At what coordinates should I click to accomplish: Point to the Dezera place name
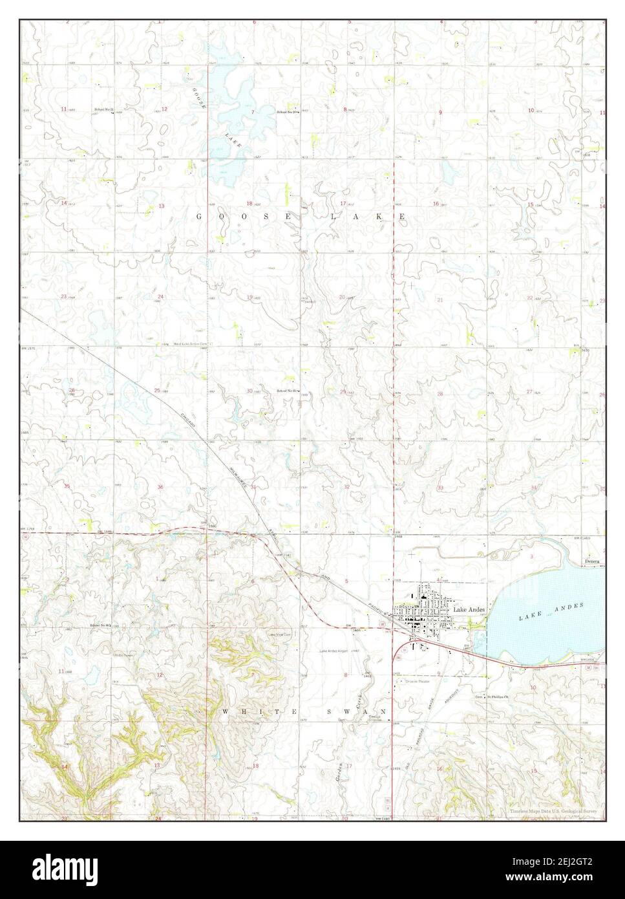click(x=592, y=561)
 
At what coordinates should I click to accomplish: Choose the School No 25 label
click(x=286, y=391)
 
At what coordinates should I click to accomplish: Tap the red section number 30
click(x=249, y=391)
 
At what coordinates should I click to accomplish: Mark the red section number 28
click(x=440, y=393)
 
